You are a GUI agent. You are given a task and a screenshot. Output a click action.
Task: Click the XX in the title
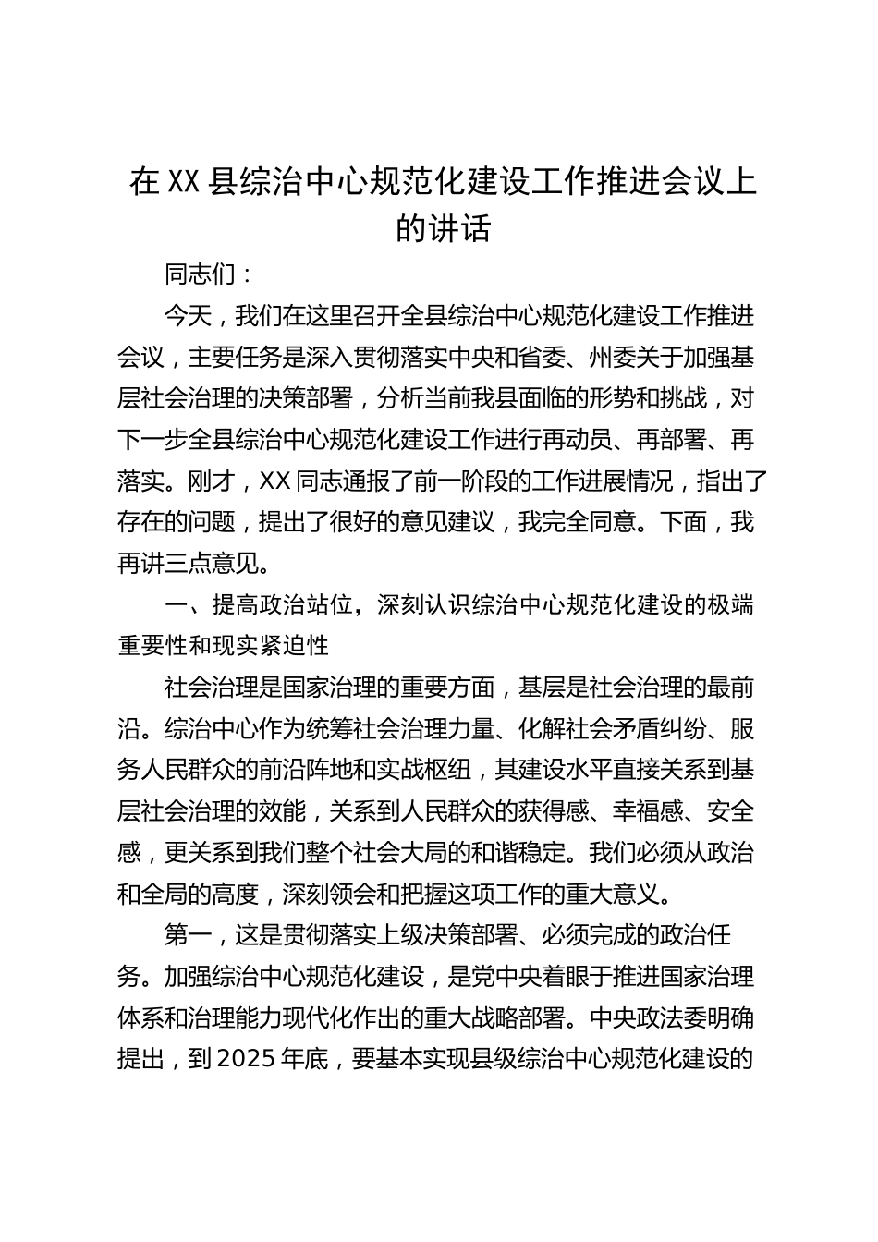coord(181,182)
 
